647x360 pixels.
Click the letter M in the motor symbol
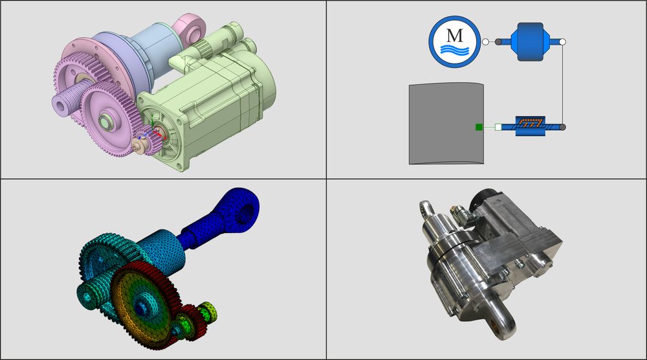coord(455,36)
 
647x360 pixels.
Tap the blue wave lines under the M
coord(455,50)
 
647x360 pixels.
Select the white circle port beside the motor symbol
coord(486,41)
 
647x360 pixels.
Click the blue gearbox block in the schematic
coord(530,41)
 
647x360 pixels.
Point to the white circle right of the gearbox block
coord(562,41)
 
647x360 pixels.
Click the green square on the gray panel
coord(479,127)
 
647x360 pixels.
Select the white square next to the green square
coord(498,127)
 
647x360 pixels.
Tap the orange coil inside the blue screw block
coord(531,122)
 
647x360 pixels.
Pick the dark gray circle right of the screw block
coord(562,127)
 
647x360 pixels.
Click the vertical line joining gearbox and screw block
coord(562,85)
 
